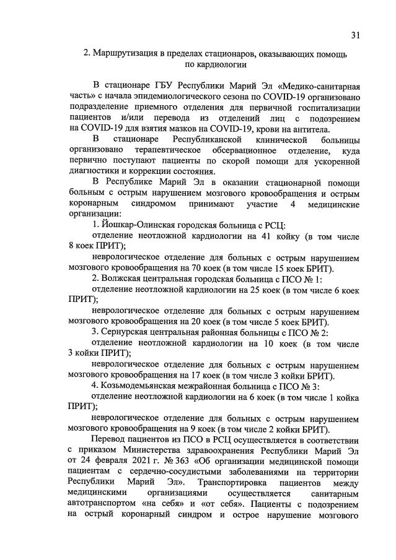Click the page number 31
tap(355, 35)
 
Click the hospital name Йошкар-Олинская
tap(139, 224)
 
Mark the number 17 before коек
tap(190, 375)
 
